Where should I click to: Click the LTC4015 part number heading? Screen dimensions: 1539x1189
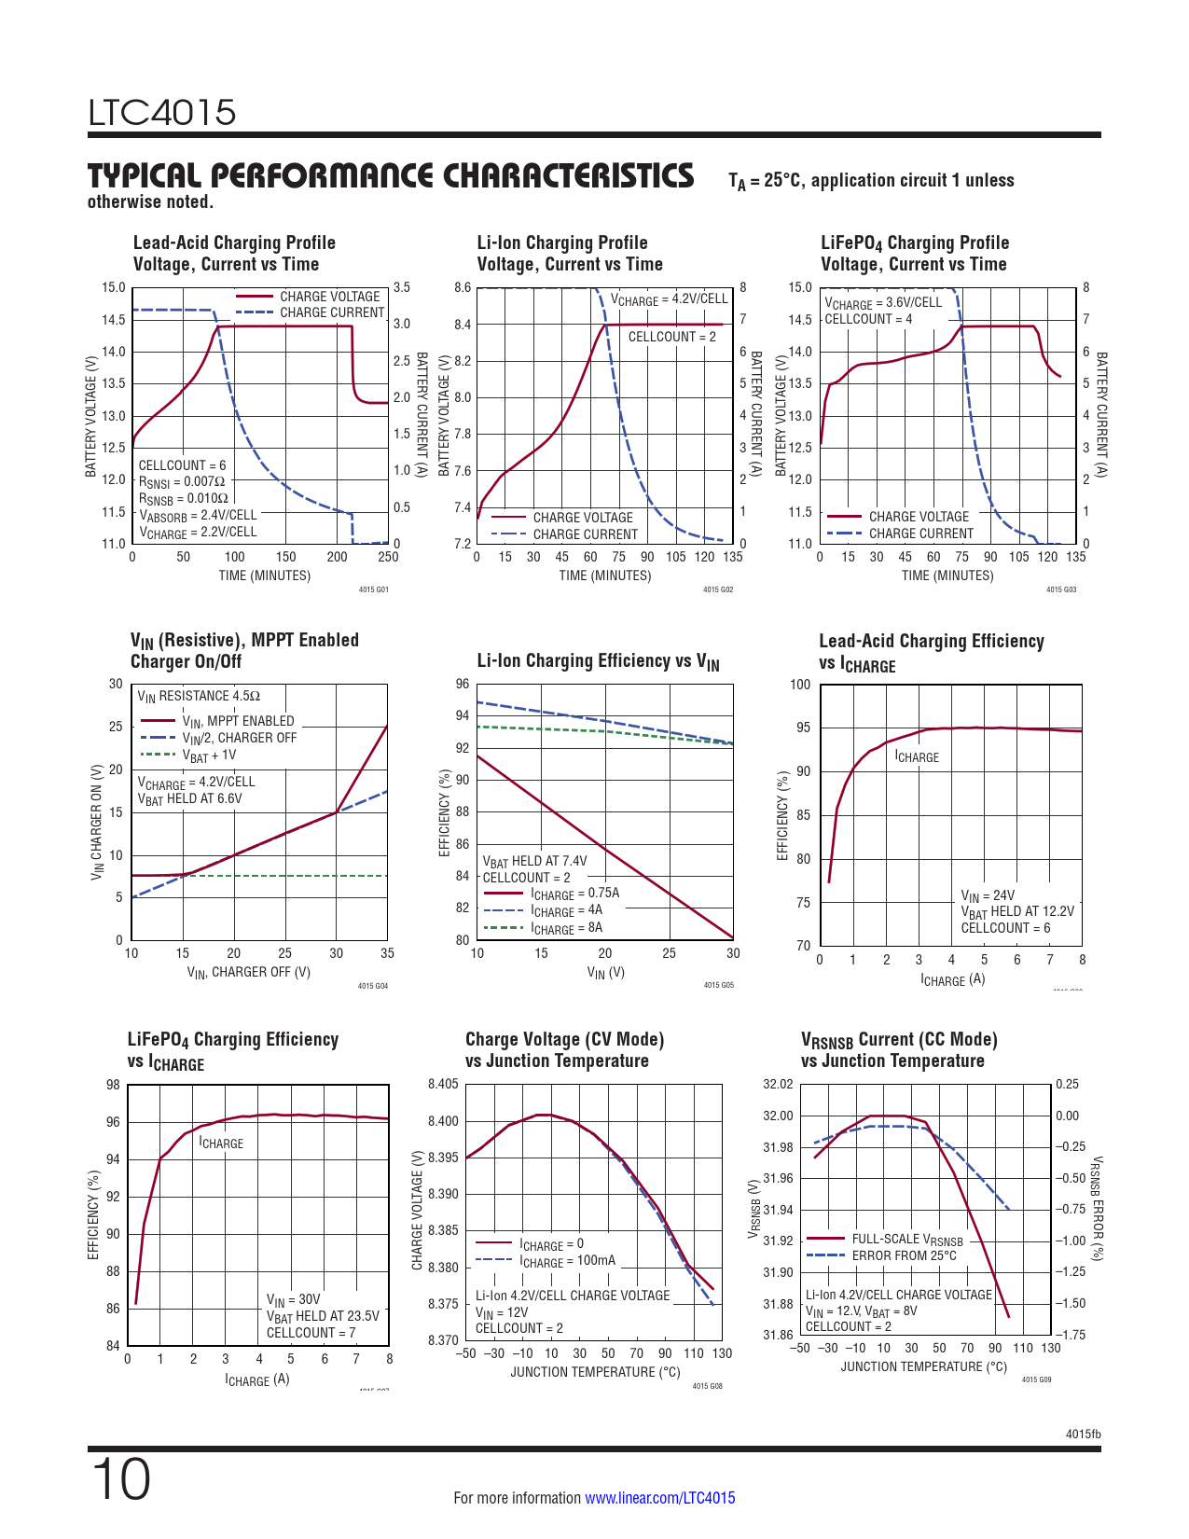coord(162,113)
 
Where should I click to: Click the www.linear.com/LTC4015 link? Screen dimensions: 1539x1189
coord(659,1498)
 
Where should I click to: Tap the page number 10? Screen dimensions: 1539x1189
coord(120,1480)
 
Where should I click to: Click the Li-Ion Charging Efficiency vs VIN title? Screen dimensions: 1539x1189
coord(598,661)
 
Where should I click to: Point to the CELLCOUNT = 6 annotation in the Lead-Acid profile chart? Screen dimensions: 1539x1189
coord(182,465)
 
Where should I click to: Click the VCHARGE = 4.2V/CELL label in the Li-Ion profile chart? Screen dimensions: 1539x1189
coord(669,299)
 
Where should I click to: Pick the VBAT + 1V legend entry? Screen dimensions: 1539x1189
coord(209,756)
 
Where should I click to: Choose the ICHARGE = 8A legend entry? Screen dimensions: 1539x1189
coord(566,928)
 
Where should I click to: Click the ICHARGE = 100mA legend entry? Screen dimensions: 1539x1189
coord(567,1261)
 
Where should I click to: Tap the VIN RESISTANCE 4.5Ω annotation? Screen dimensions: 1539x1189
coord(199,696)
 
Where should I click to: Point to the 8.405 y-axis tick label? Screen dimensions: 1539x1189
coord(443,1084)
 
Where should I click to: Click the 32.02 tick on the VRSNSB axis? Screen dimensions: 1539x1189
coord(778,1084)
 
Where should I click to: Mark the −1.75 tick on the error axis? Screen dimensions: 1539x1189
coord(1070,1335)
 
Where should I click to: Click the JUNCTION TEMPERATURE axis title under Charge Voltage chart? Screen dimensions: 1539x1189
coord(595,1372)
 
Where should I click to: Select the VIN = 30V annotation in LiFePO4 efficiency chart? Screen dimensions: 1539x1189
coord(293,1299)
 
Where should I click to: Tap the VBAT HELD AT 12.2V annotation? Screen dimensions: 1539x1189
coord(1017,911)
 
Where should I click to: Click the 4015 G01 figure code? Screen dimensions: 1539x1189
coord(373,589)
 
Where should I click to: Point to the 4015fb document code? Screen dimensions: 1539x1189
coord(1083,1435)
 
